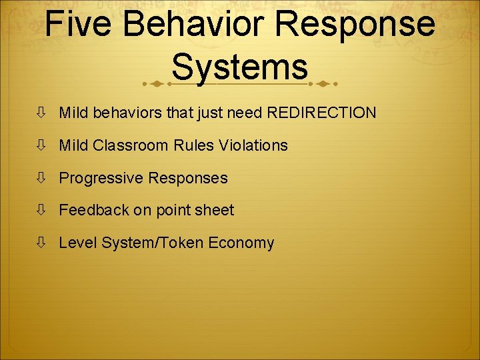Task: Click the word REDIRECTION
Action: point(321,113)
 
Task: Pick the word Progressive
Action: point(101,178)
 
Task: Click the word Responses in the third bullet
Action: point(188,178)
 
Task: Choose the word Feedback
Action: point(94,211)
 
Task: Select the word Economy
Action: point(241,243)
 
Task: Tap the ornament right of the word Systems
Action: point(325,84)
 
